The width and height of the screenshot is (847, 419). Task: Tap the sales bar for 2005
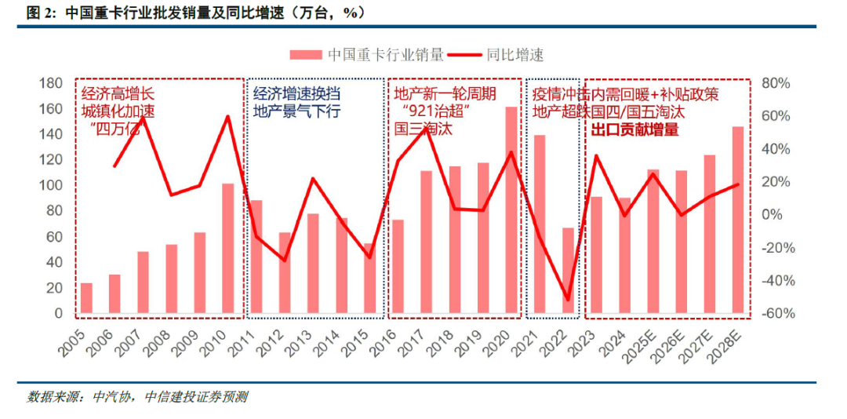tap(86, 298)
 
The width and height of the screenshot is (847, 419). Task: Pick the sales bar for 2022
tap(568, 271)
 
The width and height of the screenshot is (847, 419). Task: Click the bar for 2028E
tap(738, 220)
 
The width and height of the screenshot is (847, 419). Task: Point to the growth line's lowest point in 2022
tap(568, 299)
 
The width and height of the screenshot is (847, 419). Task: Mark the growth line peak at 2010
tap(227, 117)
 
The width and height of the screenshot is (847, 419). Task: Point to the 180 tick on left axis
tap(51, 83)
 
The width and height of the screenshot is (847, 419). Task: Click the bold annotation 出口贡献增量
tap(634, 129)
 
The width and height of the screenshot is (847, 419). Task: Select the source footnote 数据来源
tap(137, 397)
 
